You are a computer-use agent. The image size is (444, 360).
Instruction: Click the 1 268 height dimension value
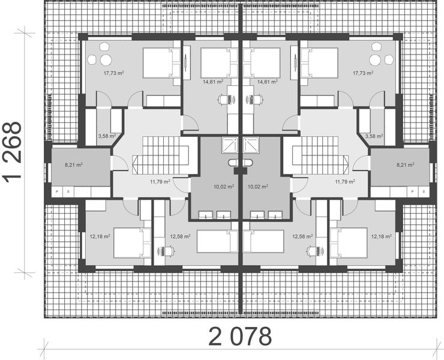tap(13, 151)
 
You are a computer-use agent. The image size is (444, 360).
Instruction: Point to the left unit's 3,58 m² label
tap(106, 136)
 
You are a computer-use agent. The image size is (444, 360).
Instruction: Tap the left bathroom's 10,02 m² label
tap(223, 187)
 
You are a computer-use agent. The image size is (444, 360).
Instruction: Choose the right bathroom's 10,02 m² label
tap(257, 187)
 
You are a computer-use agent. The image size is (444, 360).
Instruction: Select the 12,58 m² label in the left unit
tap(180, 236)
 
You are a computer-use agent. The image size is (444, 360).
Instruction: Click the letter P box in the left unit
tap(58, 191)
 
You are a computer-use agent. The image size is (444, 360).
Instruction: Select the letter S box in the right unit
tap(424, 191)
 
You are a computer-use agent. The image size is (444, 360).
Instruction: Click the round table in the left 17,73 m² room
tap(106, 59)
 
